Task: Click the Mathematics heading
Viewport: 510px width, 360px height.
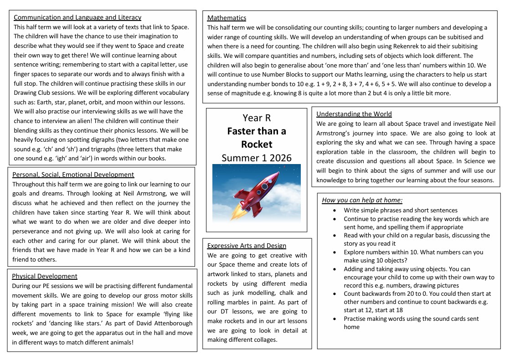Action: pyautogui.click(x=227, y=18)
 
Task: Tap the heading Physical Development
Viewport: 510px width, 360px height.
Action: pyautogui.click(x=45, y=276)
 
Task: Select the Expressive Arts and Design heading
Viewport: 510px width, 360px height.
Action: pyautogui.click(x=247, y=245)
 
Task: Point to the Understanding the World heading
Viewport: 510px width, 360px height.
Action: pyautogui.click(x=354, y=114)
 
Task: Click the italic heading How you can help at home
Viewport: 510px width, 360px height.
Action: pyautogui.click(x=362, y=200)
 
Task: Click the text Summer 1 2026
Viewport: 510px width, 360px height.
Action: pyautogui.click(x=257, y=158)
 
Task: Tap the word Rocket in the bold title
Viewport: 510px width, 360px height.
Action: pyautogui.click(x=257, y=144)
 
